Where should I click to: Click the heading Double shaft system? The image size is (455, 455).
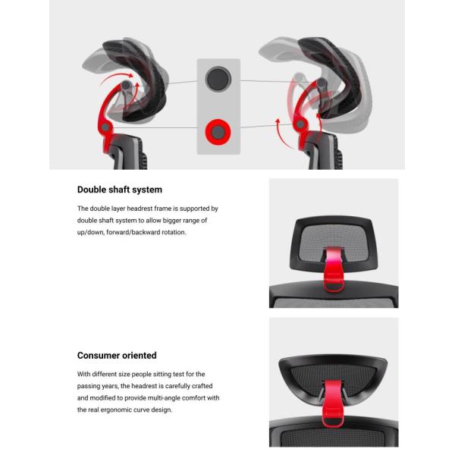tap(120, 190)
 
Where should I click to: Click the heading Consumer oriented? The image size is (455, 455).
tap(117, 356)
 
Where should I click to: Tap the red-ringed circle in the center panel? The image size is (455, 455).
tap(218, 132)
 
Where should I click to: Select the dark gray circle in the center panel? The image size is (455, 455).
tap(218, 79)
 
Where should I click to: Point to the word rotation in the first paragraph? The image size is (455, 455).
tap(174, 233)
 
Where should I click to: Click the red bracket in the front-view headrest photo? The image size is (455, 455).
tap(333, 269)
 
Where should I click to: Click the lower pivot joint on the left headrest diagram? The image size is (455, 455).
tap(105, 127)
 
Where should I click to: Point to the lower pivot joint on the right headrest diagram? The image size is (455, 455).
tap(300, 124)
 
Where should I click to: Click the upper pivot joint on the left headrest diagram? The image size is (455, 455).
tap(126, 85)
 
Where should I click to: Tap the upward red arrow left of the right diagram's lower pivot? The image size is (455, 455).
tap(281, 133)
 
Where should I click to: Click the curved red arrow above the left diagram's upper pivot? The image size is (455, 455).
tap(116, 77)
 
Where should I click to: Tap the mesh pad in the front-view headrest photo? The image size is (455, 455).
tap(334, 242)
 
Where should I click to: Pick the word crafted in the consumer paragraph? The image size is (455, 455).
tap(202, 386)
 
